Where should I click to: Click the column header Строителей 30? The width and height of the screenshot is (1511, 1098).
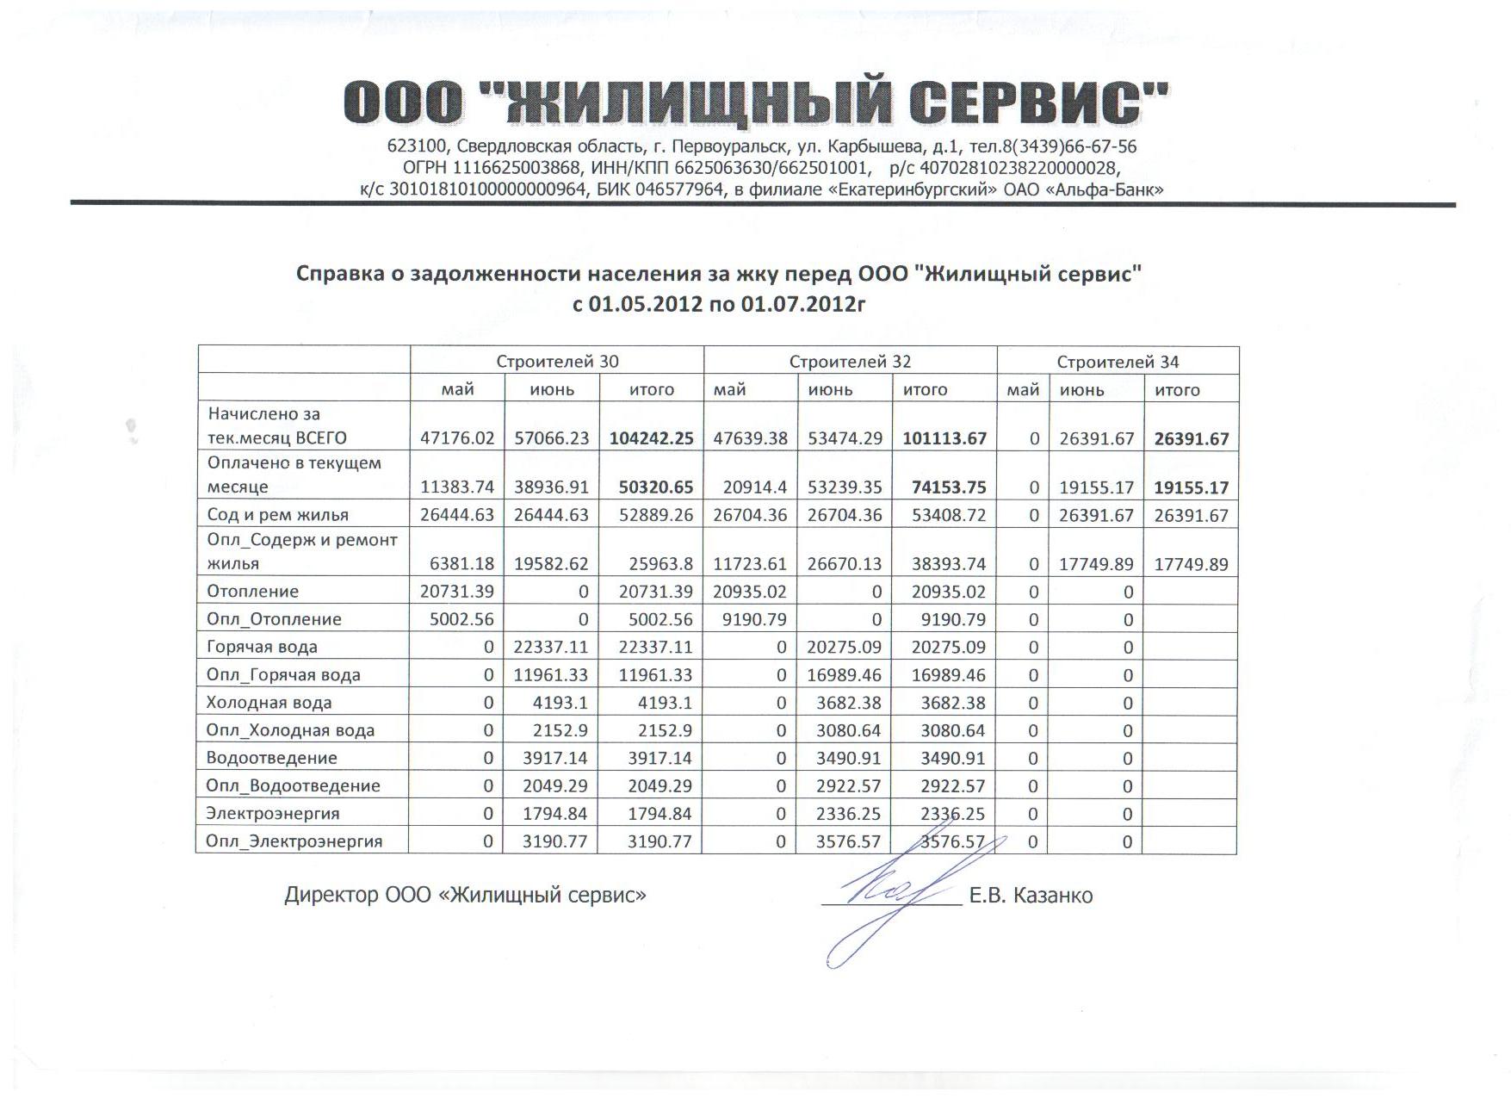[x=557, y=362]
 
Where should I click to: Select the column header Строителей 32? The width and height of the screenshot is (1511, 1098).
[x=850, y=362]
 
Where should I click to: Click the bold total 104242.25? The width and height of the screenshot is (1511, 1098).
[x=651, y=438]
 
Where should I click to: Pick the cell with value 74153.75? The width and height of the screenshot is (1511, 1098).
[x=949, y=487]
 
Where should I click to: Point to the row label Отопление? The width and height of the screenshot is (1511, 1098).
[x=253, y=592]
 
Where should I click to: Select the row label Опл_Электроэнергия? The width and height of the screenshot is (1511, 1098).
[x=294, y=841]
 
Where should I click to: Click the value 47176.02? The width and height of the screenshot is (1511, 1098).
[x=457, y=438]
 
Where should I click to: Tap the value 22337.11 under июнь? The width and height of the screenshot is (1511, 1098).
[x=551, y=647]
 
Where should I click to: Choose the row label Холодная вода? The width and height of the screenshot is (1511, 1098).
[x=269, y=703]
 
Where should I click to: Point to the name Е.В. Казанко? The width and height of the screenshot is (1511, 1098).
[x=1031, y=896]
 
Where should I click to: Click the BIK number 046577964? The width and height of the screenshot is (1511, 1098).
[x=679, y=189]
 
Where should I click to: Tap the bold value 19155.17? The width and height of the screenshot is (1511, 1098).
[x=1191, y=488]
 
